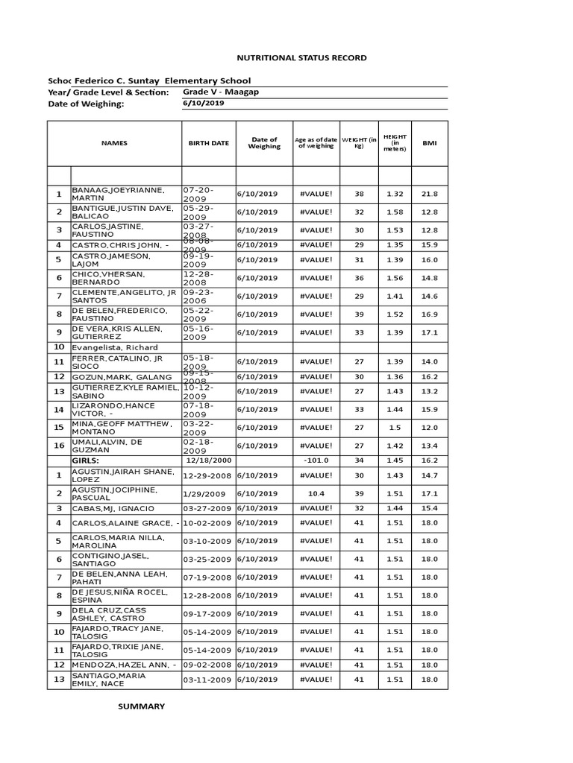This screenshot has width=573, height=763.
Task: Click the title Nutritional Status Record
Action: click(x=291, y=57)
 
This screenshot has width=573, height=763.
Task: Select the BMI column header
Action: click(x=430, y=143)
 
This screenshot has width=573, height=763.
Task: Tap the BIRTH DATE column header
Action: click(x=208, y=143)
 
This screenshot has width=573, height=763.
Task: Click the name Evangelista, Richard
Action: click(x=114, y=347)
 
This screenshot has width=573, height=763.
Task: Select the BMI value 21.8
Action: click(x=430, y=194)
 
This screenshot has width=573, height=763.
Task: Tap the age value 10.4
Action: click(x=316, y=493)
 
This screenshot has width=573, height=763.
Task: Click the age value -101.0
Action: click(x=316, y=460)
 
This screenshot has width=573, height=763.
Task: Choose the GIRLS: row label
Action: click(x=86, y=460)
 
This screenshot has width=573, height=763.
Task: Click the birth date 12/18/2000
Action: click(x=208, y=460)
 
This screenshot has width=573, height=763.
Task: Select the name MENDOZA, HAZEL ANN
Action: click(x=124, y=665)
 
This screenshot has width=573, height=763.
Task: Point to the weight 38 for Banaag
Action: click(x=359, y=194)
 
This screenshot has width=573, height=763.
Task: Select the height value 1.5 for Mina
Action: click(x=394, y=428)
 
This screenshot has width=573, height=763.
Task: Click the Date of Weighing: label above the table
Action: click(x=85, y=104)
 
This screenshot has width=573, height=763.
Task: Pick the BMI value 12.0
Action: click(x=430, y=428)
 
